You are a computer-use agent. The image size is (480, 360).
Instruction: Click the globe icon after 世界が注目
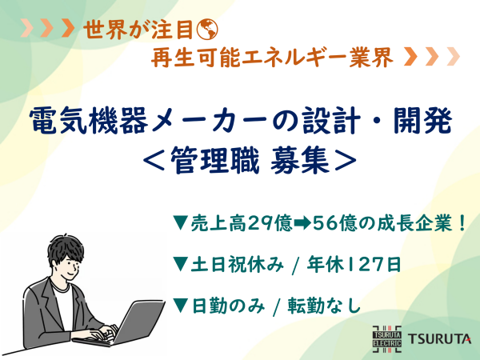(x=207, y=30)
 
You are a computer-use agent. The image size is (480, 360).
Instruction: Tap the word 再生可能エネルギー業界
(x=272, y=57)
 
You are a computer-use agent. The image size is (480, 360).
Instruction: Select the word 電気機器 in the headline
(x=89, y=121)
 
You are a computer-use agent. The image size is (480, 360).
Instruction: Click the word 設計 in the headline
(x=330, y=121)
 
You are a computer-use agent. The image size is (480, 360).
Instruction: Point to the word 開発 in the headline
(x=422, y=121)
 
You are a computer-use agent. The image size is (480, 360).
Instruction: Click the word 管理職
(x=215, y=161)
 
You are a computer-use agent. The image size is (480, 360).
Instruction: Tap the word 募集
(x=300, y=161)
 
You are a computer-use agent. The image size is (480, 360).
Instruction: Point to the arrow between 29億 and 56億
(x=302, y=223)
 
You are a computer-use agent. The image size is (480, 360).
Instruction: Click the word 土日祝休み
(x=237, y=265)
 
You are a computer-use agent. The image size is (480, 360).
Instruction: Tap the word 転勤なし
(x=324, y=306)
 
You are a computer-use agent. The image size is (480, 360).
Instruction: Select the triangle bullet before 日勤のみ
(x=181, y=306)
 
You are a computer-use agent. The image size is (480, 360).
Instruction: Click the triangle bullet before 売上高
(x=181, y=222)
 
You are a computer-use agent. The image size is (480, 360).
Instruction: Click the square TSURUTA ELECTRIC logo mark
(x=387, y=339)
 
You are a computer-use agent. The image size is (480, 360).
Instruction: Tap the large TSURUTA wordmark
(x=439, y=339)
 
